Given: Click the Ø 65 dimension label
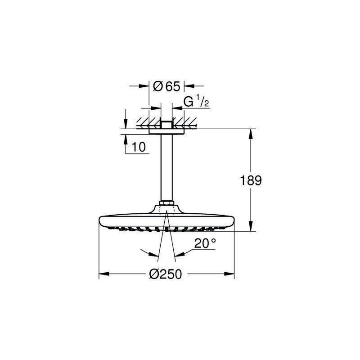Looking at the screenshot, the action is point(166,86).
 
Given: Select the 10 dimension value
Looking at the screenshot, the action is point(139,147).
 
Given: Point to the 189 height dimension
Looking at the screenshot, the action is point(251,180).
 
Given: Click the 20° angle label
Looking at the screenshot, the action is point(205,243).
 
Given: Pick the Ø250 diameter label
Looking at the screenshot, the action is point(166,274).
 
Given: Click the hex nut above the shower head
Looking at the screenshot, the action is point(166,203).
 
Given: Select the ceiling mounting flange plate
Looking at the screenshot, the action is point(166,131).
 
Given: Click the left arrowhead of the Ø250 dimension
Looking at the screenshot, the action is point(104,274).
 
